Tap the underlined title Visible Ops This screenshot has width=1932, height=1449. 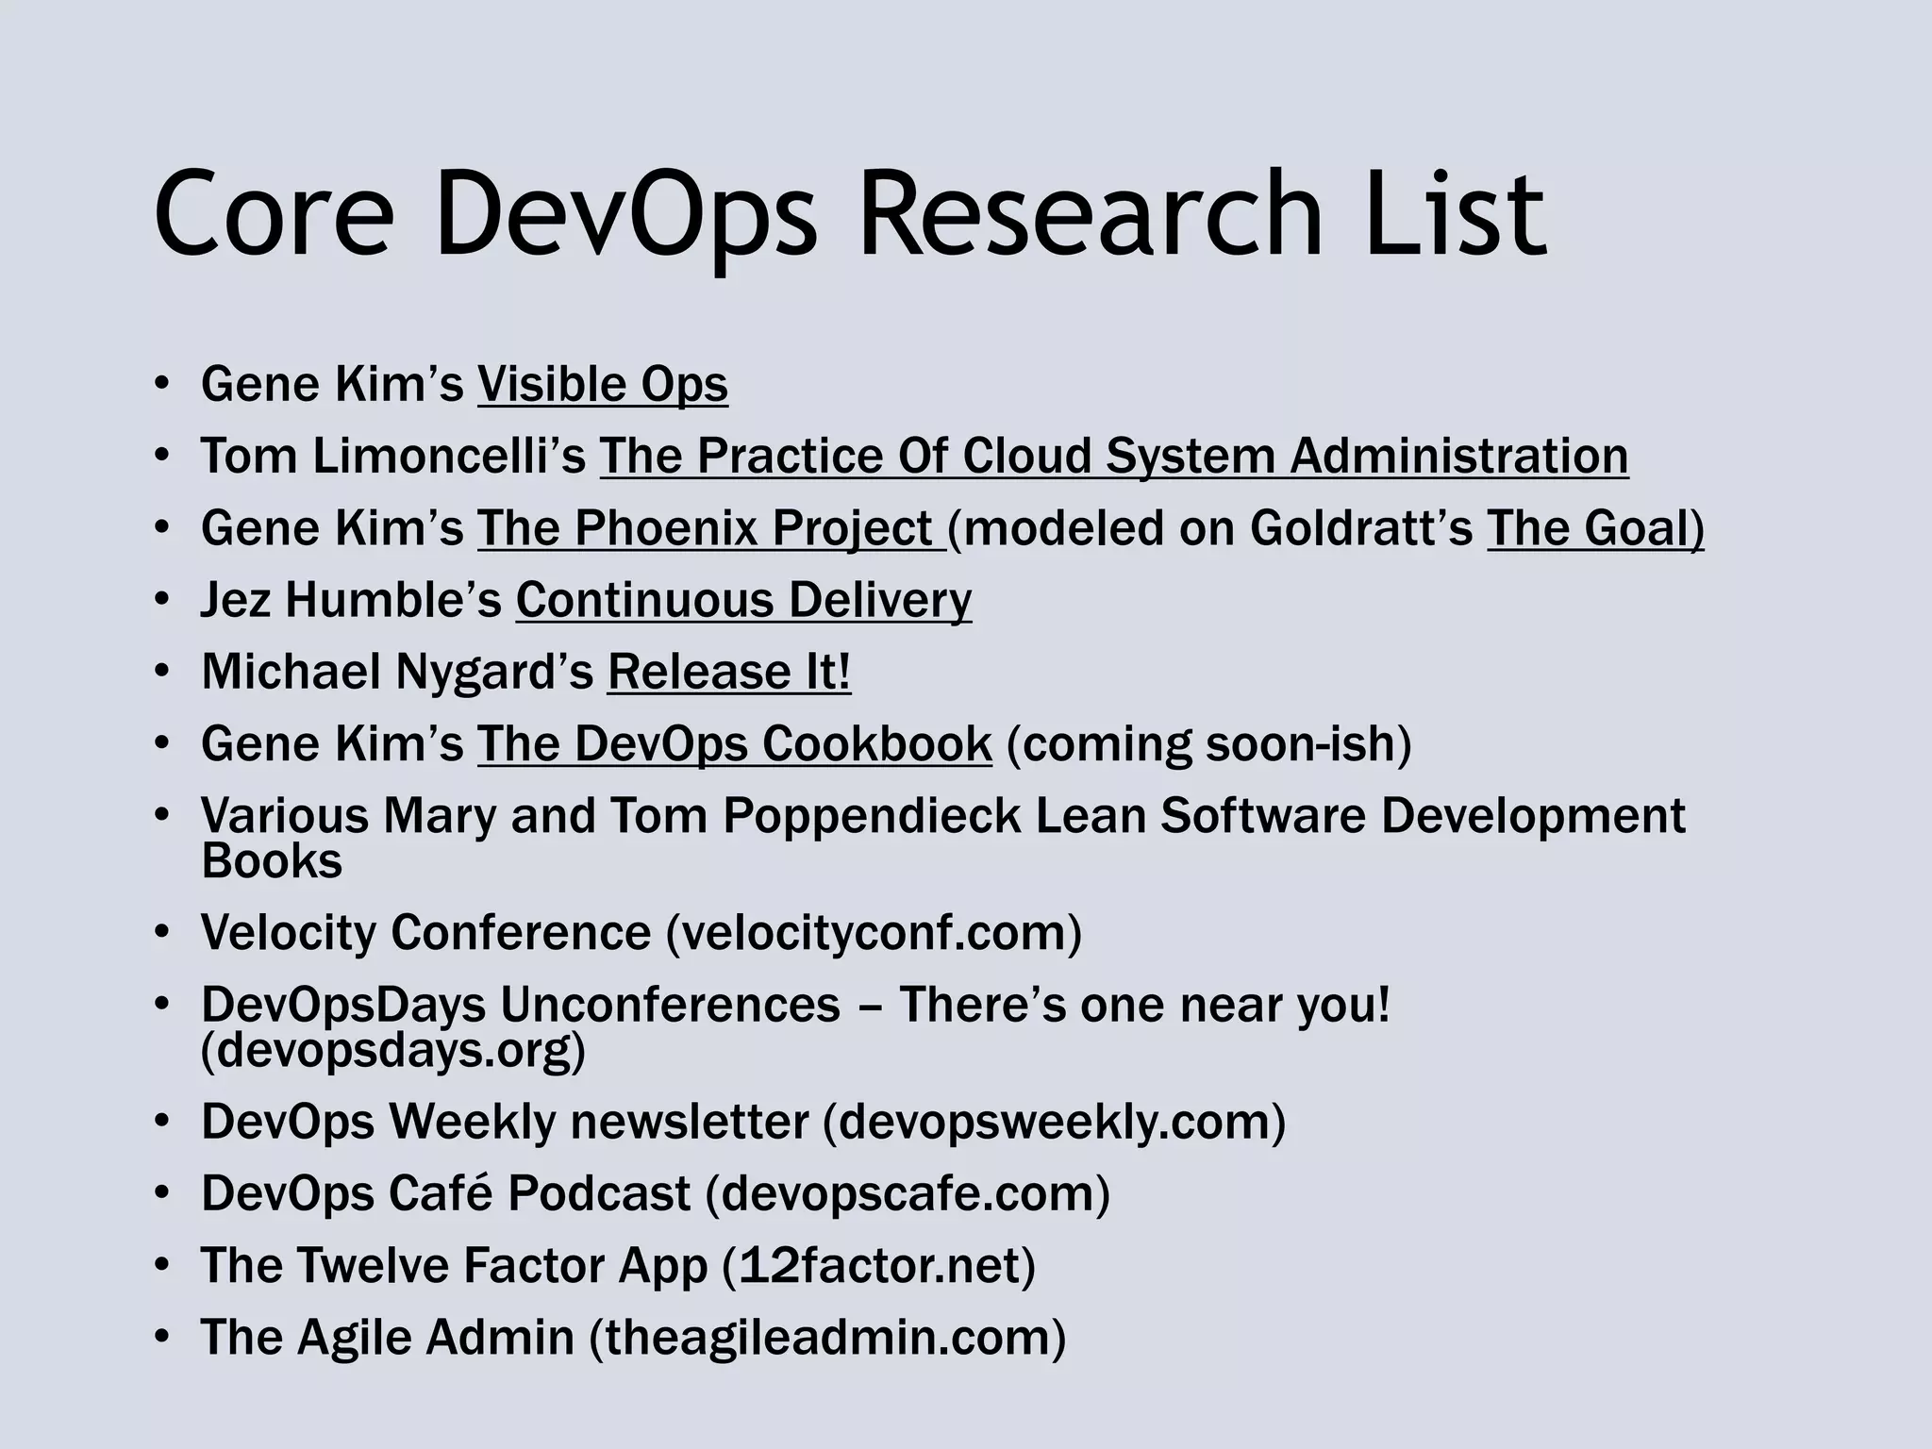click(603, 384)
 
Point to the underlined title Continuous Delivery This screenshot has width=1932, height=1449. click(743, 600)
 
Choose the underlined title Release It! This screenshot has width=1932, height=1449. click(729, 672)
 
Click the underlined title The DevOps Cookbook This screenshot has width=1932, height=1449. click(734, 743)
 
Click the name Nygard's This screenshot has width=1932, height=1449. click(494, 672)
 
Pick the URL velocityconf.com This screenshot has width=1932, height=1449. click(874, 933)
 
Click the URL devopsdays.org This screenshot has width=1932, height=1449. click(392, 1050)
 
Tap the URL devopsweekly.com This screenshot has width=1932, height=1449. click(1055, 1122)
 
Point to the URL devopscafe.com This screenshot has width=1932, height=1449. click(908, 1193)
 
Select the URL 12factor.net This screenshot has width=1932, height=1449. click(878, 1265)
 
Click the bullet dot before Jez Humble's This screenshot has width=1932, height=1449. click(162, 600)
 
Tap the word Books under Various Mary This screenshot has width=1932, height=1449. click(272, 861)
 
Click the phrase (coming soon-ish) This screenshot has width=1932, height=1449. click(1209, 743)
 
